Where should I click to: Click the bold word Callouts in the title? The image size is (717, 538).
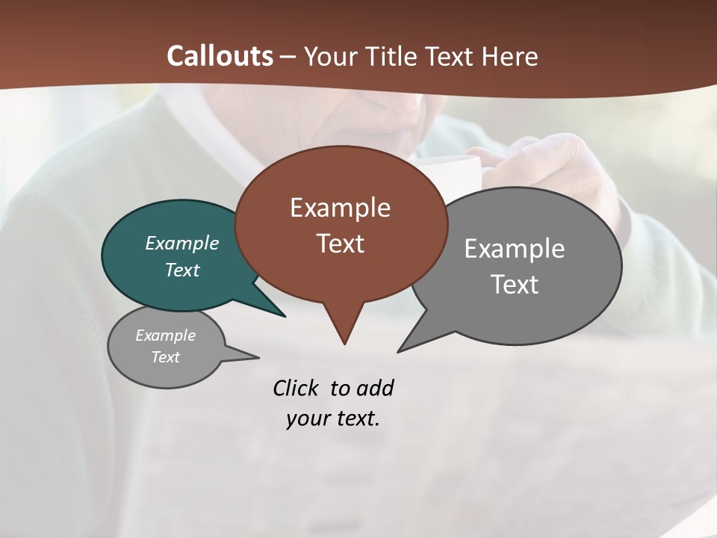[x=220, y=56]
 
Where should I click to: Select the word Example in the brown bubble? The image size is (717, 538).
[x=340, y=208]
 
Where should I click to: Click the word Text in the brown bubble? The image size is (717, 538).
[x=340, y=243]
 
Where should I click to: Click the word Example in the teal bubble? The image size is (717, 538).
[x=181, y=243]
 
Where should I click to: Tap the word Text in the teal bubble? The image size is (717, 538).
[x=181, y=270]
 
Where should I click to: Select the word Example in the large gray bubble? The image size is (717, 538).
[x=515, y=249]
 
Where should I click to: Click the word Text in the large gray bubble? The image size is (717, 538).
[x=515, y=284]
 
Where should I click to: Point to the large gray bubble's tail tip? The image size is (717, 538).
[x=400, y=350]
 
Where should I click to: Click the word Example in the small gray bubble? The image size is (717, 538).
[x=165, y=336]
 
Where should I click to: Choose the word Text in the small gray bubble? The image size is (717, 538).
[x=165, y=356]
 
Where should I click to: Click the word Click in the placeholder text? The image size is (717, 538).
[x=297, y=388]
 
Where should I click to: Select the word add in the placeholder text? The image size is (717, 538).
[x=374, y=388]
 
